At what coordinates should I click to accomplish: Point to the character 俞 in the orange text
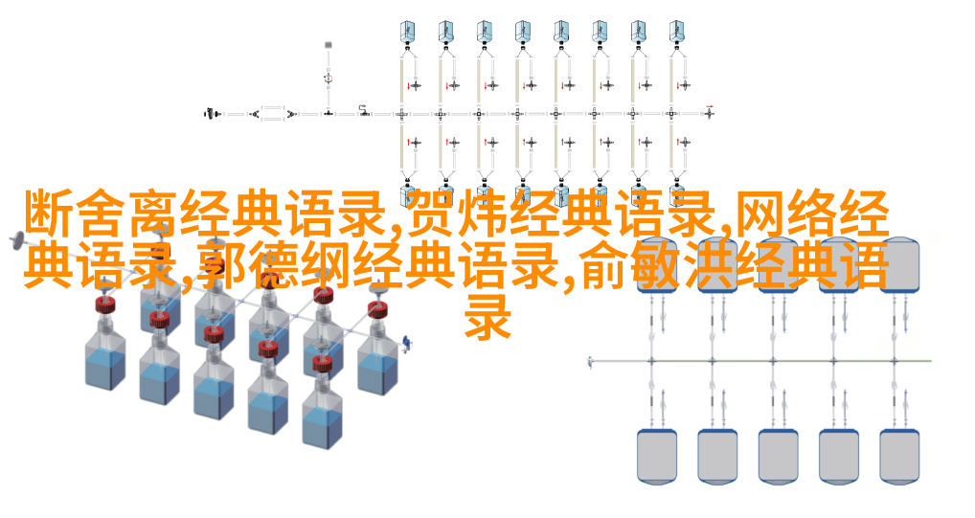tap(604, 266)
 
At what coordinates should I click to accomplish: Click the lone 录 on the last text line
tap(488, 317)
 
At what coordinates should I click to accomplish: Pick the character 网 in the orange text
tap(761, 214)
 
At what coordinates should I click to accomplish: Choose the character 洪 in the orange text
tap(710, 266)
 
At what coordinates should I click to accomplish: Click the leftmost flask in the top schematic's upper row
tap(407, 31)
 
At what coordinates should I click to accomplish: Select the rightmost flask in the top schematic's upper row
tap(676, 31)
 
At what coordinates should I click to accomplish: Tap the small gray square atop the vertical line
tap(329, 45)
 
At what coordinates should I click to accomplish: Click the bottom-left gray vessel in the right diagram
tap(657, 455)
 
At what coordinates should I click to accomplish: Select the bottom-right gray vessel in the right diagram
tap(899, 455)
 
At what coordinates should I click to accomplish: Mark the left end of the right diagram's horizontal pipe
tap(590, 361)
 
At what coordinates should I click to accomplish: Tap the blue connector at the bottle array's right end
tap(407, 343)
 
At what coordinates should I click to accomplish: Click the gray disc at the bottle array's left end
tap(17, 240)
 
